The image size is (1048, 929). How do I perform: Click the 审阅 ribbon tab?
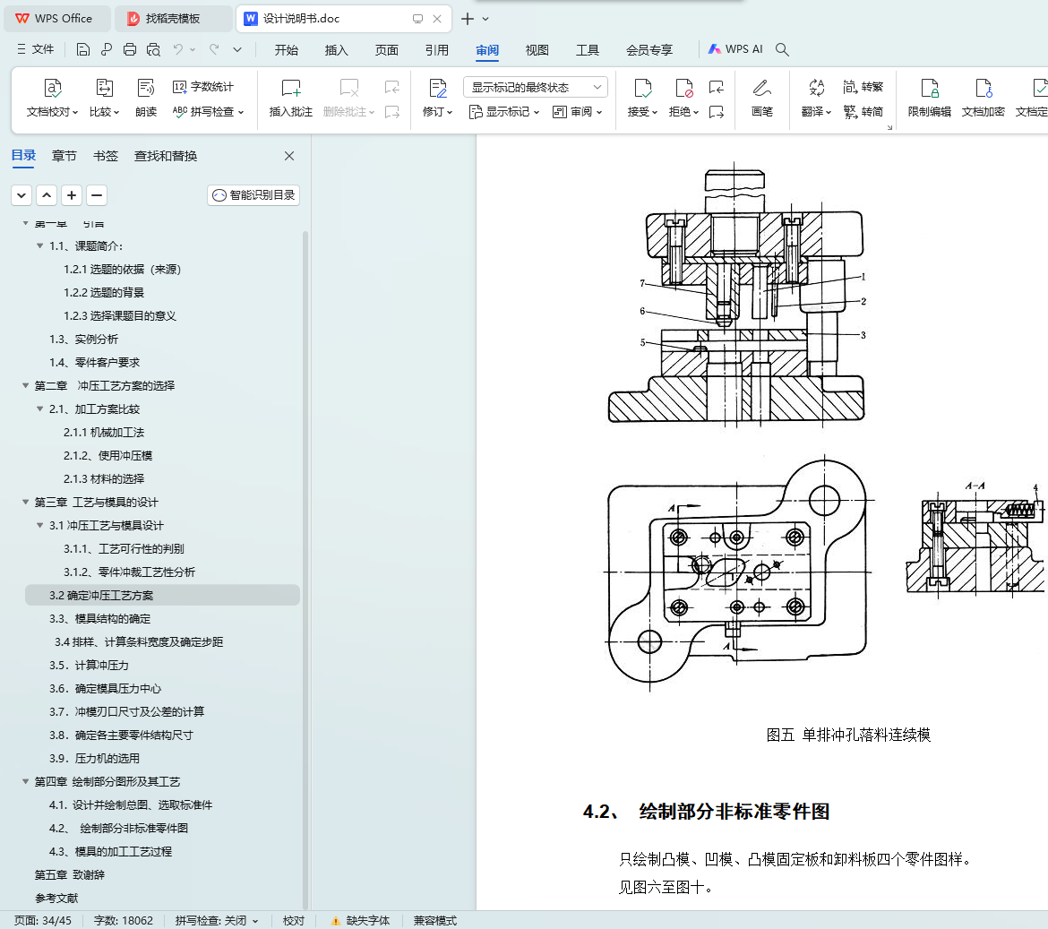pyautogui.click(x=487, y=50)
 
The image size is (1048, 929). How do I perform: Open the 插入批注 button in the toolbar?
pyautogui.click(x=291, y=98)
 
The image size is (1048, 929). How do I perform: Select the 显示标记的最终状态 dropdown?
pyautogui.click(x=536, y=88)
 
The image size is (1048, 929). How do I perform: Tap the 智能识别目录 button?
pyautogui.click(x=253, y=195)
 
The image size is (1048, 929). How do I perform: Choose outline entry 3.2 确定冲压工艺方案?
pyautogui.click(x=101, y=596)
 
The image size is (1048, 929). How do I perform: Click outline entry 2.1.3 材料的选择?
pyautogui.click(x=104, y=479)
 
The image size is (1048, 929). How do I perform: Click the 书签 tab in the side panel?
pyautogui.click(x=106, y=157)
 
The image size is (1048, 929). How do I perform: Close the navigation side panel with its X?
pyautogui.click(x=289, y=156)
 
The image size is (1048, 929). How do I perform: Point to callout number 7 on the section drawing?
pyautogui.click(x=642, y=283)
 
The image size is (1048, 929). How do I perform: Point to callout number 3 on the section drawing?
pyautogui.click(x=863, y=335)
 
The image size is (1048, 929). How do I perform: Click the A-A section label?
pyautogui.click(x=975, y=486)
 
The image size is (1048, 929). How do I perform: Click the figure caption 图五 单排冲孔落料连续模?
pyautogui.click(x=848, y=735)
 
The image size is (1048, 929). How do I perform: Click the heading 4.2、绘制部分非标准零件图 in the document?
pyautogui.click(x=706, y=812)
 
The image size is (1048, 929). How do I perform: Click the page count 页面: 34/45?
pyautogui.click(x=43, y=921)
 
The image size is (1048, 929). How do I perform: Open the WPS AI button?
pyautogui.click(x=735, y=49)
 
